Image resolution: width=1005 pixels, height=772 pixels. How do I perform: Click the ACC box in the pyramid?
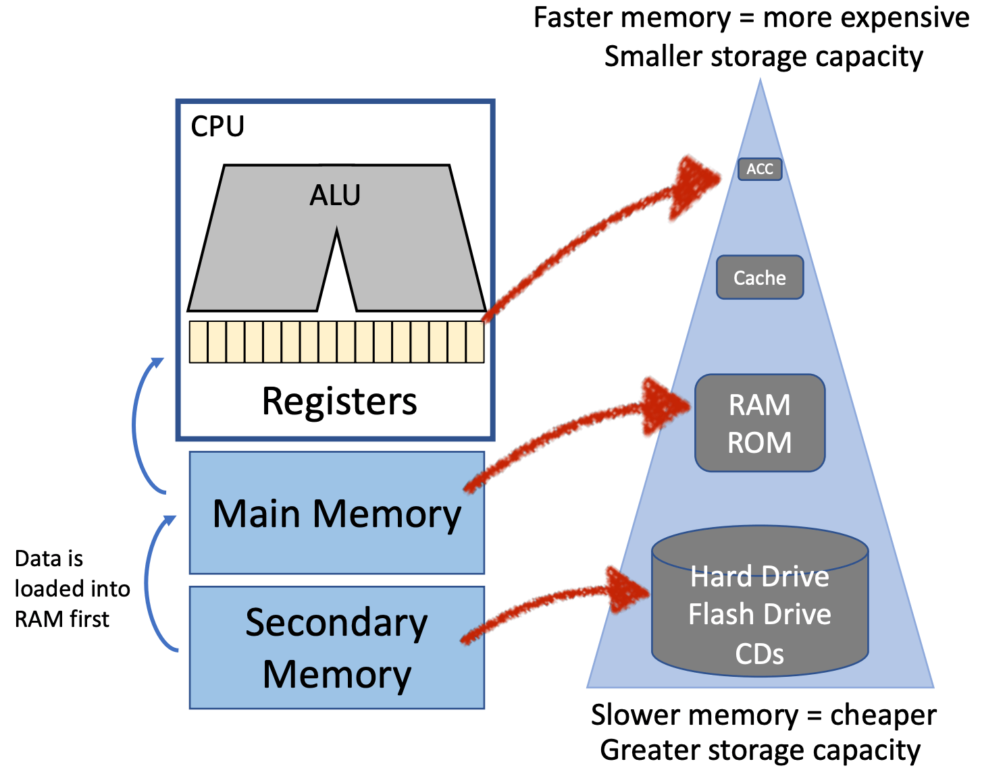pos(760,169)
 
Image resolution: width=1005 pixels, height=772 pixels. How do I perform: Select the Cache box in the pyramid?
pos(760,277)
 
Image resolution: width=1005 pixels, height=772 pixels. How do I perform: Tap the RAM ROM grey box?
pos(760,423)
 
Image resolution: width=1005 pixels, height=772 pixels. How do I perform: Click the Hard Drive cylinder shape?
pos(760,607)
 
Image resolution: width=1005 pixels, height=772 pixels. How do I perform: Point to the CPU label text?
pos(217,126)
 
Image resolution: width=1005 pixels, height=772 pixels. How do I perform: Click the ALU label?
pos(335,196)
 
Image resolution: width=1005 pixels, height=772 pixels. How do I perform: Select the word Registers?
pos(339,402)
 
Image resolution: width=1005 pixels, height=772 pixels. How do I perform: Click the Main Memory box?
pos(336,513)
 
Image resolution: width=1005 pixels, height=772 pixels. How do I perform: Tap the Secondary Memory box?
pos(336,648)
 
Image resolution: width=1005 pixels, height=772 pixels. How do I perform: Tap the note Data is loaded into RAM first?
pos(71,588)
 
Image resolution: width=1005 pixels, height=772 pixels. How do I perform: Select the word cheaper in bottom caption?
pos(883,715)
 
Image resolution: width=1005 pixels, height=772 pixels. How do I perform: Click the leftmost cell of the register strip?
pos(198,342)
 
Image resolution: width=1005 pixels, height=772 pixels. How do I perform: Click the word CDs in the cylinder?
pos(759,654)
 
